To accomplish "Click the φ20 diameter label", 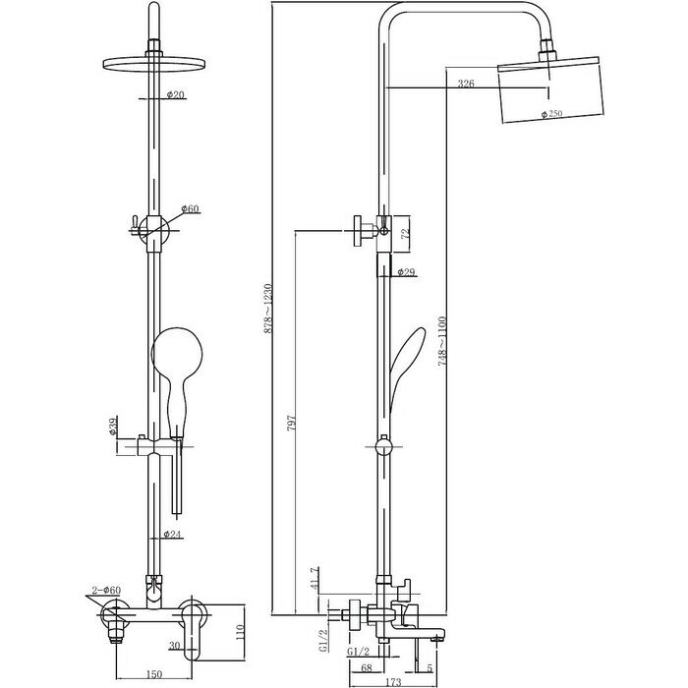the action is [177, 95].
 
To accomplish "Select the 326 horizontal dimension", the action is [466, 86].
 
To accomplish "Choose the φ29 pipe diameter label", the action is [404, 272].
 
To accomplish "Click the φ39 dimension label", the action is [114, 428].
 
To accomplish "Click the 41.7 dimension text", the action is [315, 580].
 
